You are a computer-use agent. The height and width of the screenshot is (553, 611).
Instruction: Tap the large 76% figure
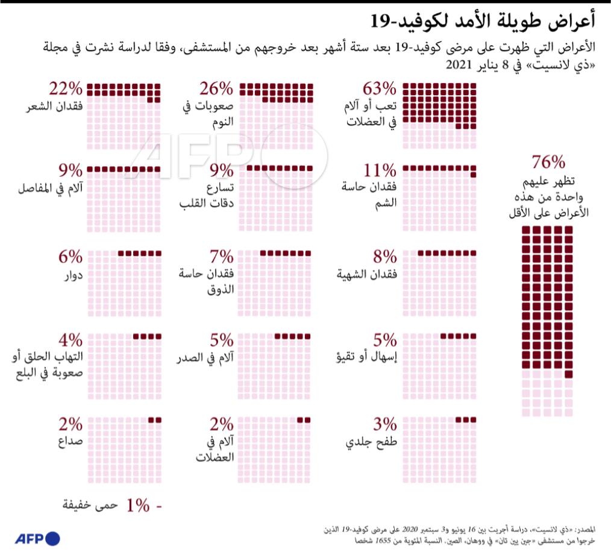pos(548,163)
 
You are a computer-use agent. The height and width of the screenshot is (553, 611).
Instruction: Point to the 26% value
pos(215,90)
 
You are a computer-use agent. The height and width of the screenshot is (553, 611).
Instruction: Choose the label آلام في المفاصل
pos(51,189)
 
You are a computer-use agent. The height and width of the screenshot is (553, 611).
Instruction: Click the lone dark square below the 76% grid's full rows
pos(568,375)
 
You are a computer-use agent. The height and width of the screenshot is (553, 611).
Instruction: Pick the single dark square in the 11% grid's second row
pos(473,175)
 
